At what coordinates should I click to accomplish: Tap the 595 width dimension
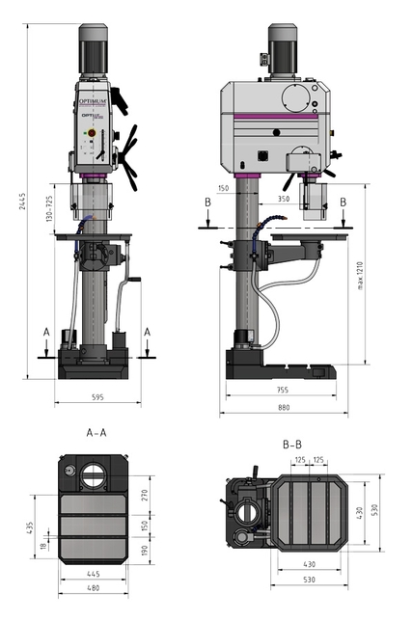click(97, 396)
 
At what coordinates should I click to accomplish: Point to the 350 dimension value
click(283, 198)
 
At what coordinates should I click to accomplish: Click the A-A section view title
click(96, 433)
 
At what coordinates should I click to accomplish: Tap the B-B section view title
click(294, 445)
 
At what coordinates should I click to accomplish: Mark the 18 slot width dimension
click(41, 546)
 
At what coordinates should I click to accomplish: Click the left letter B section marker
click(208, 202)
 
